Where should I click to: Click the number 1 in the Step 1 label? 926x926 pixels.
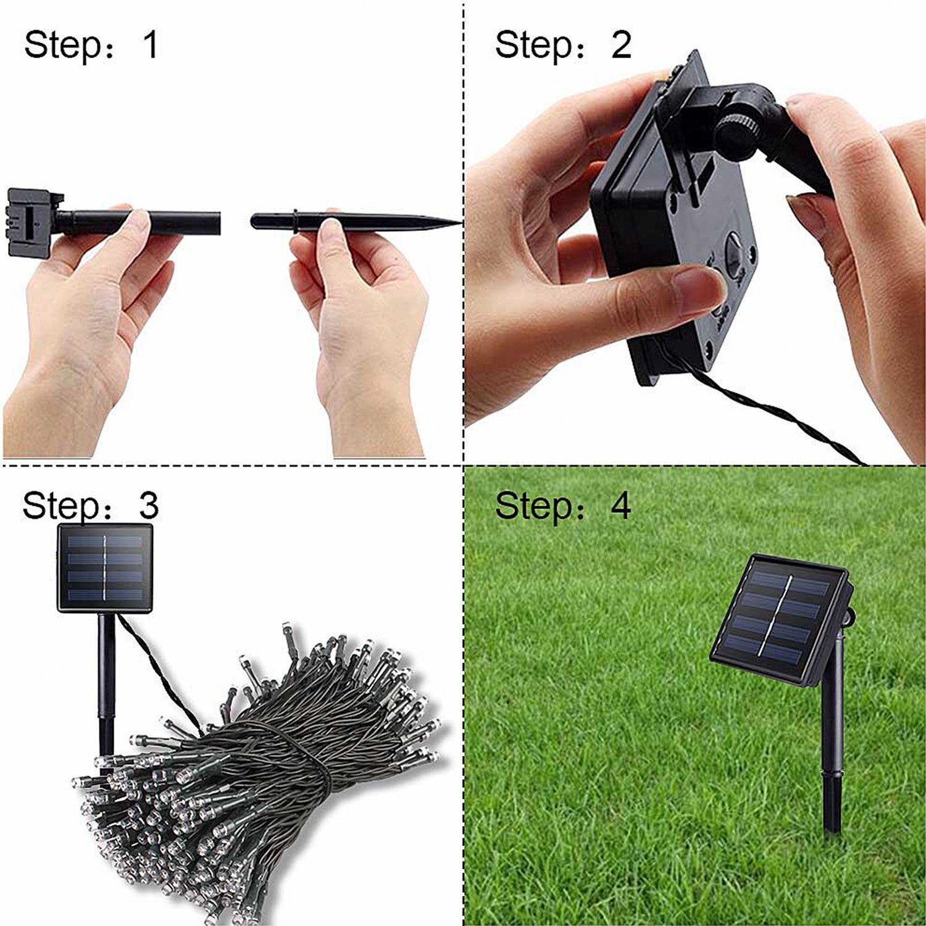[151, 44]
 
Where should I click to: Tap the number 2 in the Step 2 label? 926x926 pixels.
[621, 44]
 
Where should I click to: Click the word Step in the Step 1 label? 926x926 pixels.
[62, 46]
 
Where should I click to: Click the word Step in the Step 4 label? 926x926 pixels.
[533, 507]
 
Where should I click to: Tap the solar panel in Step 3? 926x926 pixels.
[105, 568]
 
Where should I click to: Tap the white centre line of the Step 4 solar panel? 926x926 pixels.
[776, 618]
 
